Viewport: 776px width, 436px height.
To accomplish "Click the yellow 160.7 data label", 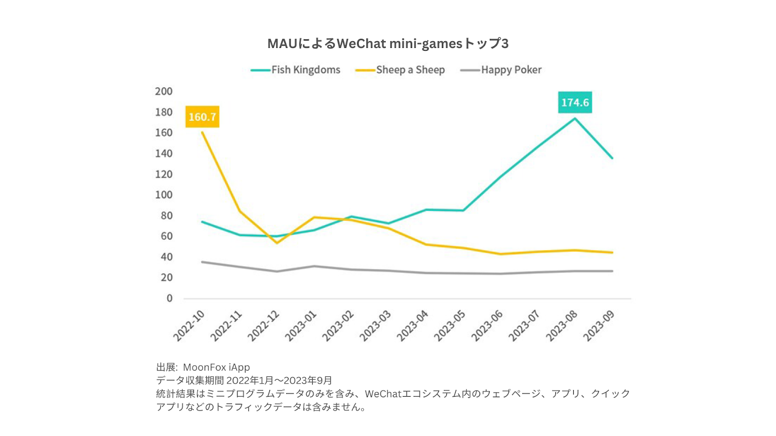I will coord(202,117).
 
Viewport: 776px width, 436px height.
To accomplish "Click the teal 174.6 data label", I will coord(575,102).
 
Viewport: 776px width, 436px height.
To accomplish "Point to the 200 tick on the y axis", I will coord(164,91).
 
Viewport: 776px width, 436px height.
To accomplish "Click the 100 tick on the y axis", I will coord(164,195).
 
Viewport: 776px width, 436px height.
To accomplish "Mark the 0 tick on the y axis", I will coord(169,298).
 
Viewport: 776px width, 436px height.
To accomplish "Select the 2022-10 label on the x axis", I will coord(189,326).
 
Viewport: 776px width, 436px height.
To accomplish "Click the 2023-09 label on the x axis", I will coord(599,326).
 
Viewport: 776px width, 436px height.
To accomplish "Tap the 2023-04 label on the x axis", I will coord(413,326).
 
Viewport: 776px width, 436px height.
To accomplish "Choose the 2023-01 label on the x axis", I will coord(301,326).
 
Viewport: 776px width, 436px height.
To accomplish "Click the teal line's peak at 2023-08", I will coord(575,118).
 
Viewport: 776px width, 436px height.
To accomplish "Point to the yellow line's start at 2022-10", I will coord(202,132).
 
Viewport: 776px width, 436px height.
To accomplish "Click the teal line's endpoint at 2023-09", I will coord(612,158).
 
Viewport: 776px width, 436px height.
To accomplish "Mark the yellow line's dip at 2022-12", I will coord(277,243).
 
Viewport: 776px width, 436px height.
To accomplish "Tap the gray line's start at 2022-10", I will coord(202,262).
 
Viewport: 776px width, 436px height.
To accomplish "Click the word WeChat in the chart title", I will coord(361,44).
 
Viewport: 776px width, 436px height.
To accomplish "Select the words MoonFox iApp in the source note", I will coord(216,367).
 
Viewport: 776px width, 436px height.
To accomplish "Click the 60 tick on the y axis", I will coord(166,236).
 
